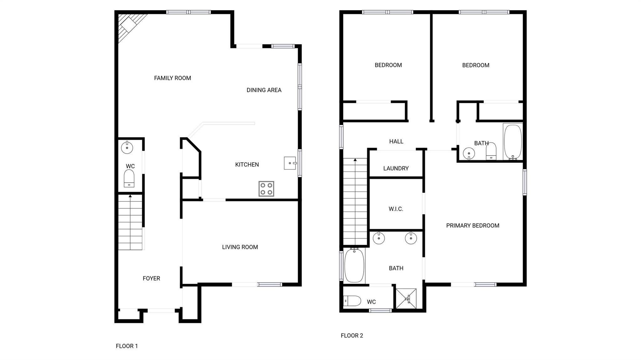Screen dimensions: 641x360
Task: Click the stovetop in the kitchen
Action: [266, 189]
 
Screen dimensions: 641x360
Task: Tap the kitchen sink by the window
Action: [290, 163]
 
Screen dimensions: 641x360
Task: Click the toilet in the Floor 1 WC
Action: [129, 178]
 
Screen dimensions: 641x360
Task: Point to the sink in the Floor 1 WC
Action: [127, 147]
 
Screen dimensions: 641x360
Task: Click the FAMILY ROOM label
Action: [172, 78]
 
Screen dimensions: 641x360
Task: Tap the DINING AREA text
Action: [264, 90]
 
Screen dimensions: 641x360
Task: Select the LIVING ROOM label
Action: [240, 247]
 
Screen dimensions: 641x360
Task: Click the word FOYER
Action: [151, 278]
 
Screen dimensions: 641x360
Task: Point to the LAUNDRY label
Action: [396, 168]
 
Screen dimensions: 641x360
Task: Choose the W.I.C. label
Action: [396, 209]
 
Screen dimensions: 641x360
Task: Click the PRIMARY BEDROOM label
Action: [473, 226]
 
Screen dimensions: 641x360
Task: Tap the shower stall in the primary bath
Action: [406, 298]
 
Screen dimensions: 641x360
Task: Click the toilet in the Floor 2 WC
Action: [352, 301]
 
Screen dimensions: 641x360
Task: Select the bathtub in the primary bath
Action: [354, 265]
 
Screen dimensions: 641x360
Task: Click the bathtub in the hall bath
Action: [513, 142]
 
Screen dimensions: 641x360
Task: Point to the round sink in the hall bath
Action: [469, 154]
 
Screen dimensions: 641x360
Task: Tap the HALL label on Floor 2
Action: [396, 141]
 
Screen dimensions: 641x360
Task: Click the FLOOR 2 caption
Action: [352, 336]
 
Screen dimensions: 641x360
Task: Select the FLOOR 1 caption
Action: [127, 346]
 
